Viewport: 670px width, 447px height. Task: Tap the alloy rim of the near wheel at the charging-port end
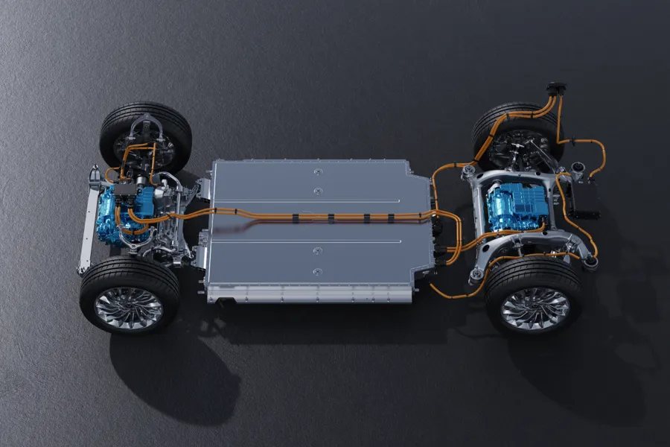click(x=535, y=308)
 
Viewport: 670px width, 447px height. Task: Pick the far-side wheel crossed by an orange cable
click(x=514, y=134)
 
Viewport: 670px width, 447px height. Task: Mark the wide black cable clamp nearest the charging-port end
click(x=390, y=218)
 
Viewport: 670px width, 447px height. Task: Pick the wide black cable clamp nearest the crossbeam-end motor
click(x=296, y=218)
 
